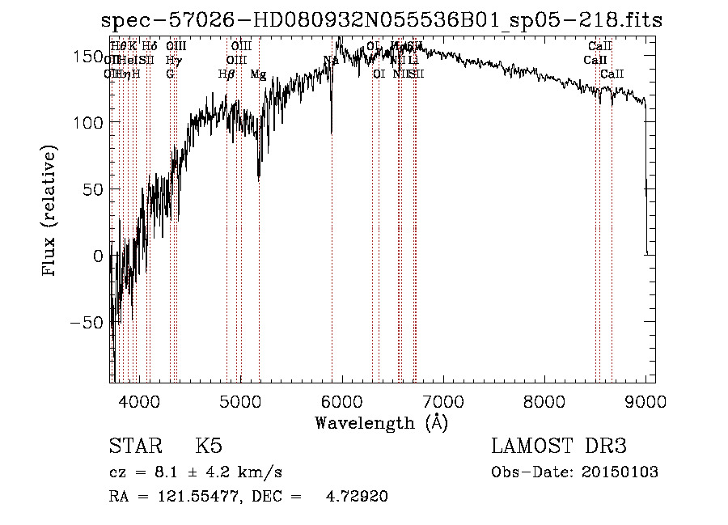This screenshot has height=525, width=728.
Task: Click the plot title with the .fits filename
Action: coord(382,20)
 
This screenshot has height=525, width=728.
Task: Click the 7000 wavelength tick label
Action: coord(443,400)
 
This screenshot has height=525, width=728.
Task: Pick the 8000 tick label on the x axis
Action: coord(544,400)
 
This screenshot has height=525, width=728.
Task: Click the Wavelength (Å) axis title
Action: coord(381,422)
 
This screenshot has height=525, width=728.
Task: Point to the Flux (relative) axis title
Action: coord(50,212)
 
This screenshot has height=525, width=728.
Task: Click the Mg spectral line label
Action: coord(258,74)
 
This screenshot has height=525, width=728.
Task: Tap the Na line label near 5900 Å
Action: coord(330,60)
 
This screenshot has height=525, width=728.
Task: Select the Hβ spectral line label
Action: coord(227,74)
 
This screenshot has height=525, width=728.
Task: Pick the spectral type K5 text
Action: coord(209,447)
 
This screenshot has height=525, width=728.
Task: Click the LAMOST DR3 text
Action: coord(558,447)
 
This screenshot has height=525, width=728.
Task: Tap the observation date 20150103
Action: coord(623,472)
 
